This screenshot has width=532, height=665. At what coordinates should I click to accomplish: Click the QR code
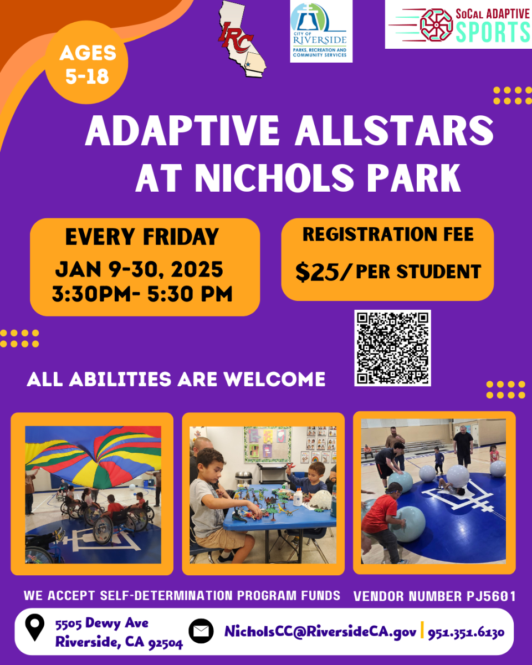click(392, 348)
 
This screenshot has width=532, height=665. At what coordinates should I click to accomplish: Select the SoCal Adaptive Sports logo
click(458, 25)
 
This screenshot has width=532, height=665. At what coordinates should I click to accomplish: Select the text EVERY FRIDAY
click(142, 237)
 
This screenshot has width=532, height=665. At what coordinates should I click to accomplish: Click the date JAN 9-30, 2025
click(139, 269)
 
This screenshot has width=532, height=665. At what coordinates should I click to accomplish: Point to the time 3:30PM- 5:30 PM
click(142, 294)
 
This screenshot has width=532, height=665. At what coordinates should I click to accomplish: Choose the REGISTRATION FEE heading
click(388, 234)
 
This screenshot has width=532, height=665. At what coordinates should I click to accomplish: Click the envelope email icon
click(201, 631)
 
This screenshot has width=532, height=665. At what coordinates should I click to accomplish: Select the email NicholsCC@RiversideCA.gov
click(320, 631)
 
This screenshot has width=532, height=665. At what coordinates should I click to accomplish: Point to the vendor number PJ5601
click(489, 596)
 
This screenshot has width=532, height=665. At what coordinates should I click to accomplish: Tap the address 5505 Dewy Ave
click(101, 623)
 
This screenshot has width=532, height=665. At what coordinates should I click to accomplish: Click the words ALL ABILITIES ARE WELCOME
click(176, 380)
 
